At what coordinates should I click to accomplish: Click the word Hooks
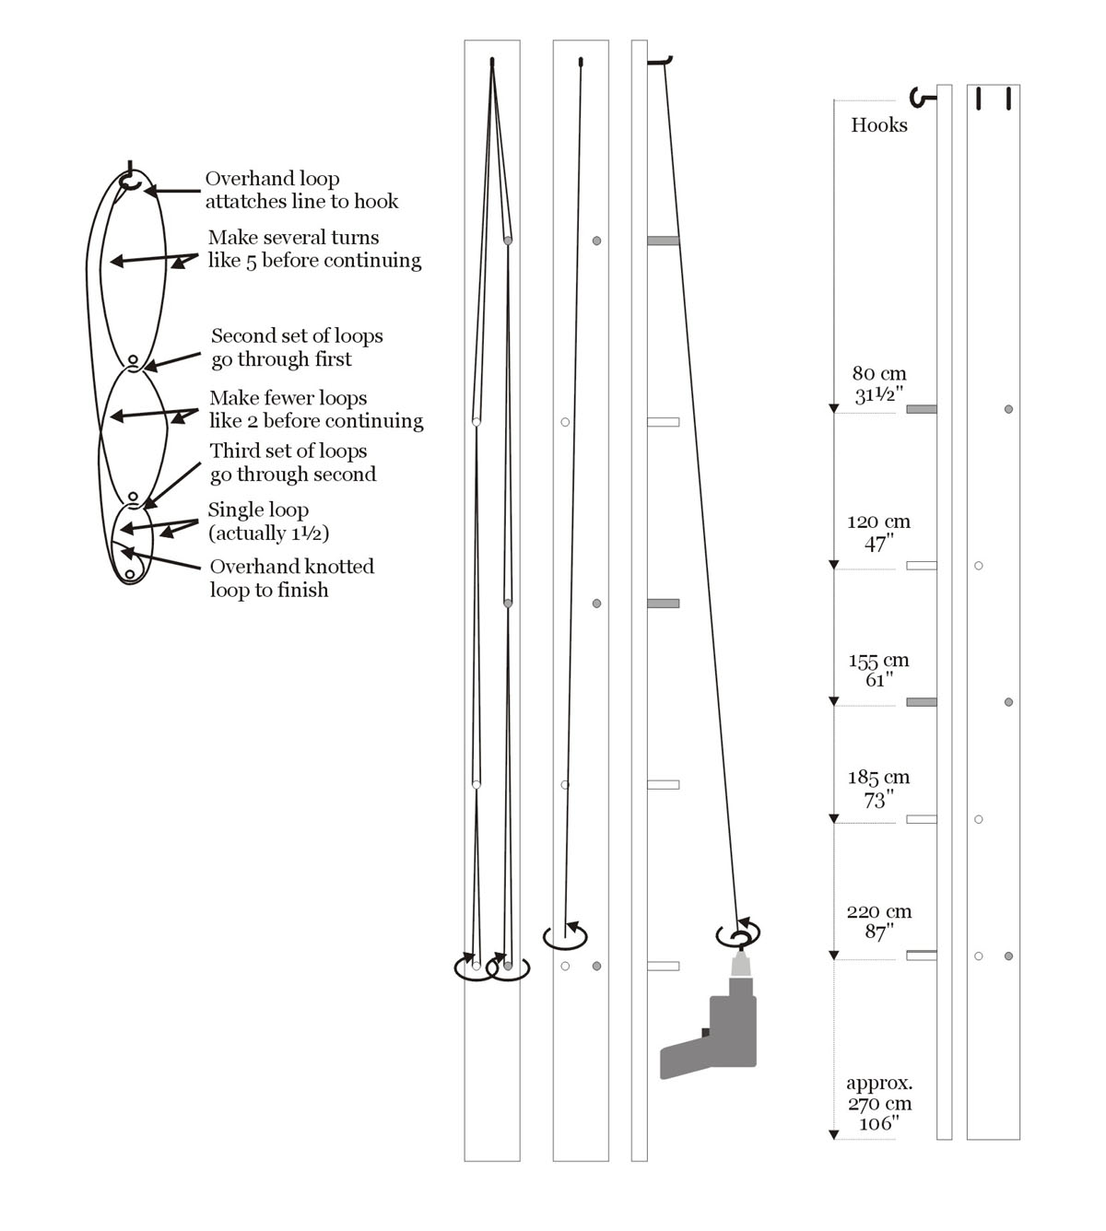click(878, 125)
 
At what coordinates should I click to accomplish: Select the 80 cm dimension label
click(878, 384)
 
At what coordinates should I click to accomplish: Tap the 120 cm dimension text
click(878, 533)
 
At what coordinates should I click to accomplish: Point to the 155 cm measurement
click(878, 670)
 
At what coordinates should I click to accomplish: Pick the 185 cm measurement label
click(878, 789)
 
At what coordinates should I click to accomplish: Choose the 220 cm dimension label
click(878, 921)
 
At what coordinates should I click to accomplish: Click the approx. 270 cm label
click(878, 1103)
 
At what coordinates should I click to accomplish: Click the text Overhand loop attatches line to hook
click(301, 190)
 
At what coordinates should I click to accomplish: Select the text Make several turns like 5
click(313, 249)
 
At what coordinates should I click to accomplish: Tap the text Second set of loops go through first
click(296, 347)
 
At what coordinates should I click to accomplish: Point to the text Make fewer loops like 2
click(315, 409)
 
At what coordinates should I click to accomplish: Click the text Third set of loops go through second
click(292, 463)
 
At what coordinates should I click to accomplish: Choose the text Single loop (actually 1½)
click(267, 522)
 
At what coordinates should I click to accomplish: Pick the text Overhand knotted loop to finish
click(291, 578)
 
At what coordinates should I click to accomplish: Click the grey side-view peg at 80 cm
click(921, 409)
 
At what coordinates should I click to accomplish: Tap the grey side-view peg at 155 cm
click(921, 702)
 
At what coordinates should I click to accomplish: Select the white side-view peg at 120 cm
click(921, 566)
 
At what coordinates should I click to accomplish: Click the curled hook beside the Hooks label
click(919, 96)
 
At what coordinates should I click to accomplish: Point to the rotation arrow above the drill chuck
click(738, 934)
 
